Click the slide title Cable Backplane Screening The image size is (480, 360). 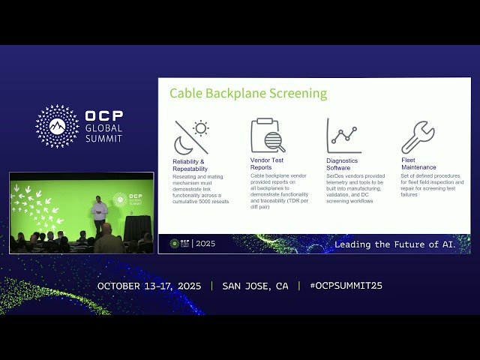click(x=248, y=94)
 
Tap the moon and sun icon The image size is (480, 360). click(x=191, y=136)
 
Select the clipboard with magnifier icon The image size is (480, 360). click(x=268, y=136)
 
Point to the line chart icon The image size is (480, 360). click(x=343, y=136)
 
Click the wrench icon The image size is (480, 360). click(x=418, y=137)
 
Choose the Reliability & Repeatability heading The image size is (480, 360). click(x=188, y=164)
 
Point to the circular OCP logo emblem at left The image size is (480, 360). click(x=57, y=125)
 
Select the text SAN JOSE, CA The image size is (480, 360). click(x=255, y=286)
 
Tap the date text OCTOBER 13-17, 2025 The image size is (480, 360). click(x=150, y=286)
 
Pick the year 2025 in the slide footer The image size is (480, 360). click(x=205, y=244)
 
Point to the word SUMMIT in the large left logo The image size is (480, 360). click(x=104, y=139)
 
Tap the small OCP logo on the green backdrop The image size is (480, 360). click(x=120, y=199)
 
